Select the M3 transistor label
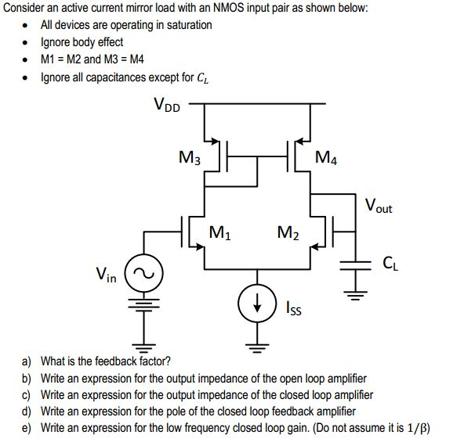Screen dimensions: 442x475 [190, 156]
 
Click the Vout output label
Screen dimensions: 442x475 [379, 207]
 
